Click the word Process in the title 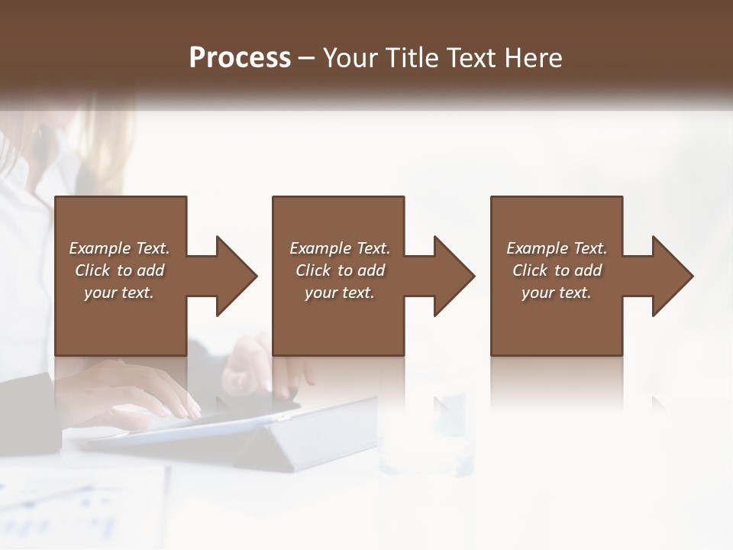click(240, 58)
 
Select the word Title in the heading click(412, 58)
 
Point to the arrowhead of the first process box click(236, 276)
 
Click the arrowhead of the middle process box click(454, 276)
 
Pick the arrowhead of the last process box click(672, 276)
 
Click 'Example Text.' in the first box click(119, 248)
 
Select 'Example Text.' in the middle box click(339, 248)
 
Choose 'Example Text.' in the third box click(557, 248)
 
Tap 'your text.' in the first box click(119, 293)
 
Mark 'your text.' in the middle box click(339, 293)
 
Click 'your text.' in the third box click(557, 293)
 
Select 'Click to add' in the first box click(119, 270)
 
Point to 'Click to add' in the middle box click(339, 270)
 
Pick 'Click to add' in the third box click(557, 270)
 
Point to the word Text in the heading click(473, 58)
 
